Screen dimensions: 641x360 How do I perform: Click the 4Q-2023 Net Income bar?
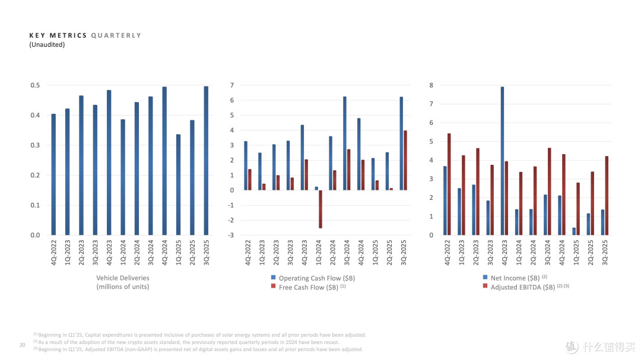[x=503, y=161]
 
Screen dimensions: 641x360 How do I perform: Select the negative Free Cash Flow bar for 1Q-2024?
[x=320, y=209]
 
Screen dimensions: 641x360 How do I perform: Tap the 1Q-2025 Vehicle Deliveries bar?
[x=178, y=184]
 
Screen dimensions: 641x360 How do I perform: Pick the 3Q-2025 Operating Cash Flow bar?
[x=401, y=144]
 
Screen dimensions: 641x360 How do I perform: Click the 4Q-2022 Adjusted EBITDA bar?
[x=449, y=184]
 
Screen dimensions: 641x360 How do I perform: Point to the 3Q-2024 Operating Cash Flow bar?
[x=345, y=144]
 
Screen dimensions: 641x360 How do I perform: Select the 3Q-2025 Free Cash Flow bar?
[x=405, y=160]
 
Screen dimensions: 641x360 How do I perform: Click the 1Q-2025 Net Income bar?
[x=574, y=231]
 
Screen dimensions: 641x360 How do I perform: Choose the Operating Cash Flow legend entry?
[x=313, y=278]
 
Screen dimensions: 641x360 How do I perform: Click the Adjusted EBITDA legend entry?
[x=526, y=287]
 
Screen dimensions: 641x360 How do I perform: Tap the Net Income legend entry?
[x=515, y=278]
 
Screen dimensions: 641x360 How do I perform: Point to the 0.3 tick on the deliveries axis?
[x=35, y=145]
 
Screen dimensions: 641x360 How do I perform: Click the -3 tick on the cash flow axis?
[x=231, y=235]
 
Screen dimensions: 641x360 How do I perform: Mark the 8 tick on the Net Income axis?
[x=431, y=85]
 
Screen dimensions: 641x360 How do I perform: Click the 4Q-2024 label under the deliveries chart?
[x=165, y=253]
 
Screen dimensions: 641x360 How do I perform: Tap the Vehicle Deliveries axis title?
[x=123, y=282]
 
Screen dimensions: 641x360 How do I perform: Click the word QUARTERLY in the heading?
[x=116, y=36]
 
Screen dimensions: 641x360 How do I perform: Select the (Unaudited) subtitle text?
[x=47, y=44]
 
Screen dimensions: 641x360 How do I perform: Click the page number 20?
[x=22, y=345]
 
